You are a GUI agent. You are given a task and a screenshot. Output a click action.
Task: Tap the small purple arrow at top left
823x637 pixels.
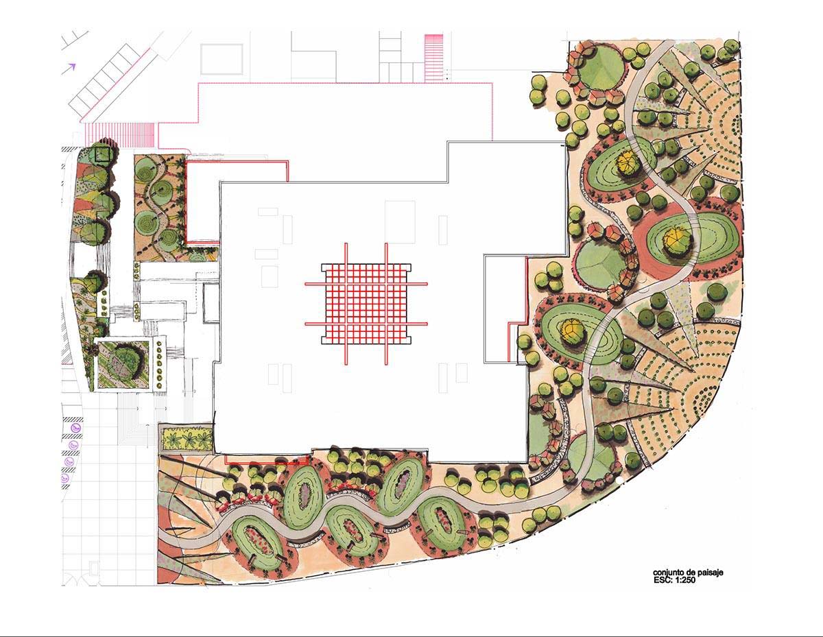[71, 67]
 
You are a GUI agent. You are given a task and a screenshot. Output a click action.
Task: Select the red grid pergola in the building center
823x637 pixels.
[366, 304]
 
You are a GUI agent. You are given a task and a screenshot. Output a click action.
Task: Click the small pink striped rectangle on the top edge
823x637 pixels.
[434, 58]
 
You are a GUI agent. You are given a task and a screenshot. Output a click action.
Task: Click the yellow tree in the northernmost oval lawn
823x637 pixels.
[627, 163]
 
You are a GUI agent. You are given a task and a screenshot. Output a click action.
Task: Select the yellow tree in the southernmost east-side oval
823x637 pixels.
[573, 332]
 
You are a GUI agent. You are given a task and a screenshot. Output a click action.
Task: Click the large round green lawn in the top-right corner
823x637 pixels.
[601, 70]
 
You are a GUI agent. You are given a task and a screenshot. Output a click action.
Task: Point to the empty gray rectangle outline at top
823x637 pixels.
[222, 59]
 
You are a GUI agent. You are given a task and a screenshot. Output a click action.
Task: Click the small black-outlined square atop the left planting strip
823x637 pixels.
[102, 154]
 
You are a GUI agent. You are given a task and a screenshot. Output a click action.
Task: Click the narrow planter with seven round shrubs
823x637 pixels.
[159, 364]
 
